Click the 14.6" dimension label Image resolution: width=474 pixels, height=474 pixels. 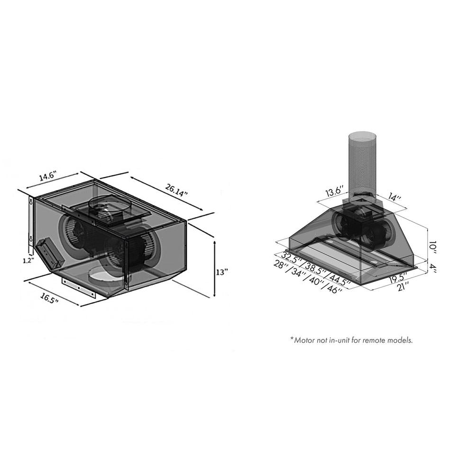[47, 176]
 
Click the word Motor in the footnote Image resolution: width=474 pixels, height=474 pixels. [304, 340]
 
